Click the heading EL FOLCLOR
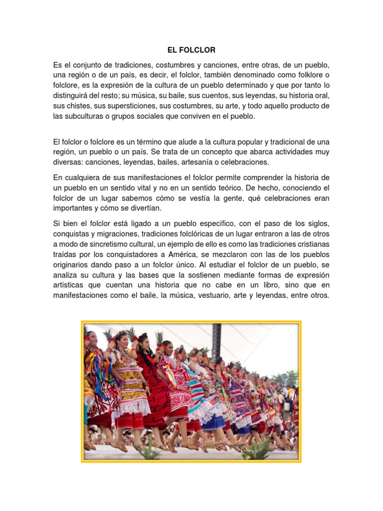coord(191,50)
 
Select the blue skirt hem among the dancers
coord(215,423)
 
